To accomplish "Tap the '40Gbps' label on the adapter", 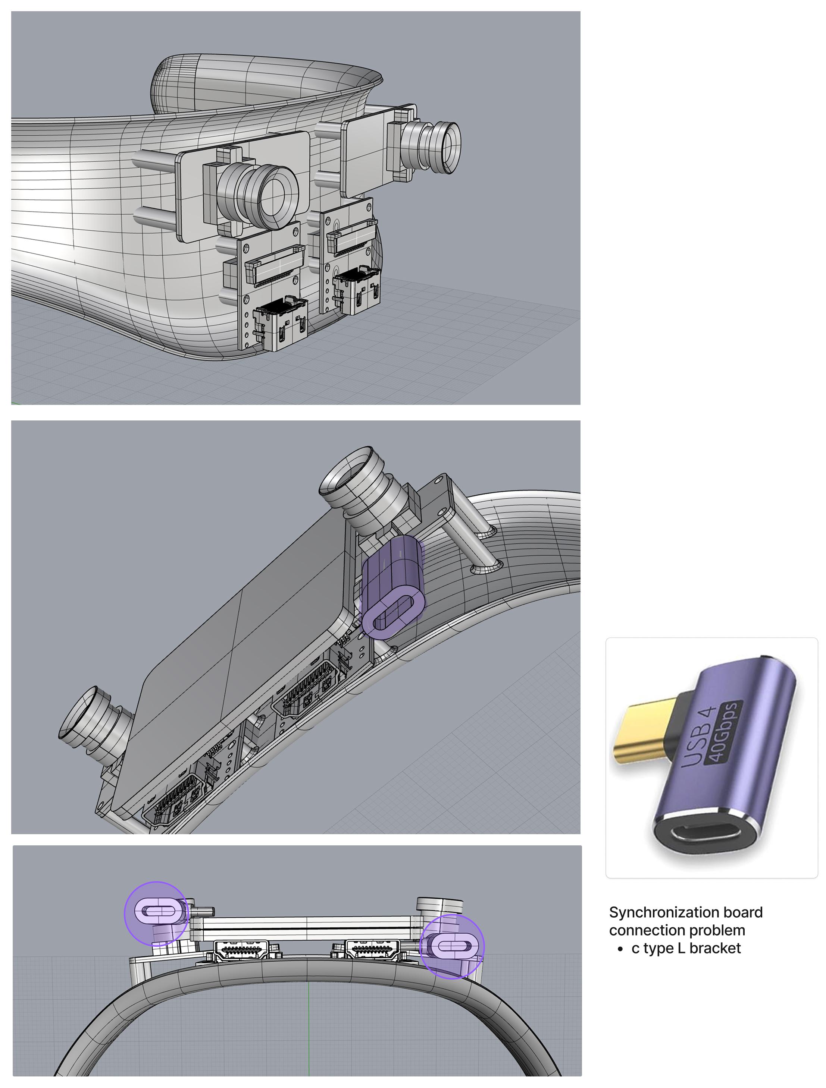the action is tap(725, 732).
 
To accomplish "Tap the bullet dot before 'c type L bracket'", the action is tap(620, 949).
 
